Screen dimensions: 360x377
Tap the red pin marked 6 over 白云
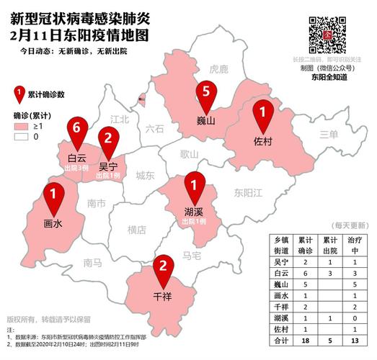pyautogui.click(x=76, y=132)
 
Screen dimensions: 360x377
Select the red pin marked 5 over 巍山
pyautogui.click(x=206, y=94)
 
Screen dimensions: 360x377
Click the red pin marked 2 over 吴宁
pyautogui.click(x=108, y=140)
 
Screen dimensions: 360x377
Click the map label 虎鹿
pyautogui.click(x=218, y=69)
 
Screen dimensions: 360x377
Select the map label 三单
pyautogui.click(x=329, y=134)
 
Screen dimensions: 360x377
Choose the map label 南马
pyautogui.click(x=92, y=262)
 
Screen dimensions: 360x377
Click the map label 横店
pyautogui.click(x=136, y=230)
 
